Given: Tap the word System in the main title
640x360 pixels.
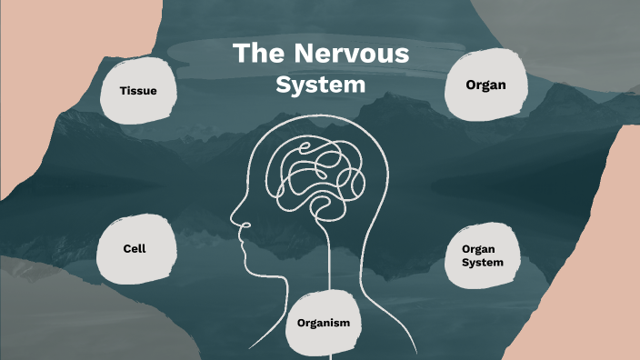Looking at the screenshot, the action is [321, 85].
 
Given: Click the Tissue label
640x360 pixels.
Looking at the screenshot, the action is [138, 91].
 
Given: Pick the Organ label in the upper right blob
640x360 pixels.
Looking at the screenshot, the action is [485, 85].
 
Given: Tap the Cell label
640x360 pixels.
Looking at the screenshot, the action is [135, 248].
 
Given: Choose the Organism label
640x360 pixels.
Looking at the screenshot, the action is [323, 323].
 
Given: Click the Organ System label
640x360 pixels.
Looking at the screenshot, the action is [483, 255].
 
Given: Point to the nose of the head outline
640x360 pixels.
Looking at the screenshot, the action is [235, 218].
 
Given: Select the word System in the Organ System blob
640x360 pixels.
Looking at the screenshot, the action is [483, 263].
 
